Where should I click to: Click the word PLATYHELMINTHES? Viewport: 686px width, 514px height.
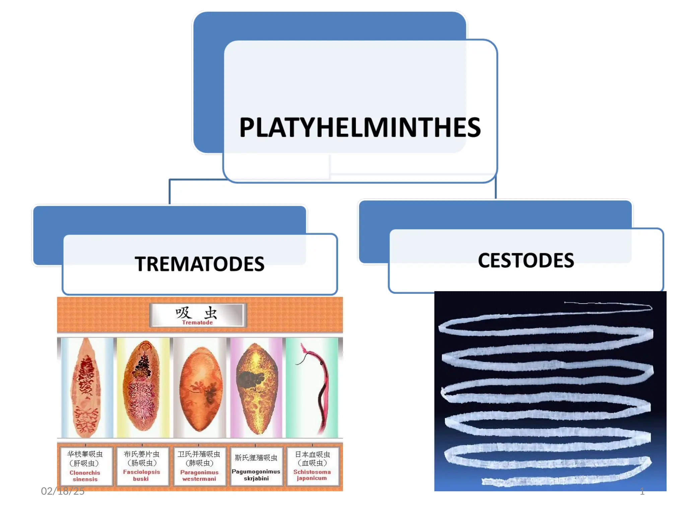pyautogui.click(x=360, y=127)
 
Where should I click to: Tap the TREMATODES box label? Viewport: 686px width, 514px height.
pyautogui.click(x=200, y=264)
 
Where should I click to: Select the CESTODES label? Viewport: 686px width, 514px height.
pyautogui.click(x=526, y=260)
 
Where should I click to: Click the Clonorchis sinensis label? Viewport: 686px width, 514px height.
pyautogui.click(x=85, y=476)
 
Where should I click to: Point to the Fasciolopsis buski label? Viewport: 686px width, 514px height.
pyautogui.click(x=141, y=475)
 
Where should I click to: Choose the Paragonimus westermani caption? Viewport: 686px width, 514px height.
pyautogui.click(x=199, y=476)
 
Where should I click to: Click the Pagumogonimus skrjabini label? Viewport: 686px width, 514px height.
pyautogui.click(x=256, y=475)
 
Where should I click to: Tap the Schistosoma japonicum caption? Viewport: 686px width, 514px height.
pyautogui.click(x=312, y=475)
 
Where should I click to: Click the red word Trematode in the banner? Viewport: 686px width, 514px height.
pyautogui.click(x=197, y=323)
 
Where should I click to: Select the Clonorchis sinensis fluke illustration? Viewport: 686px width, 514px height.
pyautogui.click(x=86, y=388)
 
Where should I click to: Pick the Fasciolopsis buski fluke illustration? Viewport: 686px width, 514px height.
pyautogui.click(x=142, y=388)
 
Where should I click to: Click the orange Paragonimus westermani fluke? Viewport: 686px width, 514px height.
pyautogui.click(x=200, y=390)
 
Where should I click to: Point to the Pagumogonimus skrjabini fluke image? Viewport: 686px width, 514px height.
pyautogui.click(x=257, y=388)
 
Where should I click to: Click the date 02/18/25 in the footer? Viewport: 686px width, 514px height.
pyautogui.click(x=63, y=491)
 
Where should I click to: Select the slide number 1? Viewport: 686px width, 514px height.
pyautogui.click(x=642, y=491)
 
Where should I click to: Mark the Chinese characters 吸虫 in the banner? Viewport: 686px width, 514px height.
pyautogui.click(x=197, y=313)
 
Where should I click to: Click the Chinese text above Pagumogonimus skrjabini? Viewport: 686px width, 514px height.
pyautogui.click(x=256, y=458)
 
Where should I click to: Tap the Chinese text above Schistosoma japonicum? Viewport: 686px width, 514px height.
pyautogui.click(x=312, y=459)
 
